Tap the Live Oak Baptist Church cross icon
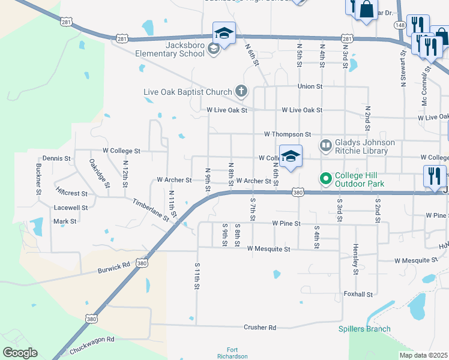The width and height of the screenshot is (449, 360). click(241, 92)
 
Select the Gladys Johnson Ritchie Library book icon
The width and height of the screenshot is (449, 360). click(325, 145)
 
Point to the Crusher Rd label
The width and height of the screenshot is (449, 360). click(259, 328)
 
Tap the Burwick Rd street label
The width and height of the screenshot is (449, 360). click(114, 268)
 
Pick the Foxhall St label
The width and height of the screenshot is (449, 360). click(358, 295)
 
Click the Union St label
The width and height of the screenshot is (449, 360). click(310, 86)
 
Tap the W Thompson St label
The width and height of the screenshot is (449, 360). click(291, 134)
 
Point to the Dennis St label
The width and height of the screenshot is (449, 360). click(56, 158)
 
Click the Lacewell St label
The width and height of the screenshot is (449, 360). click(71, 208)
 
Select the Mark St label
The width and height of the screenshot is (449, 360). click(65, 221)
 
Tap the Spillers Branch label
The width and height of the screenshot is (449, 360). click(364, 329)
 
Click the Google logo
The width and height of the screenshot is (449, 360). click(20, 353)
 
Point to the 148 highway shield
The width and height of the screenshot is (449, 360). click(400, 25)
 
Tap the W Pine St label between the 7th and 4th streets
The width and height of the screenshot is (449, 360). click(286, 223)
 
